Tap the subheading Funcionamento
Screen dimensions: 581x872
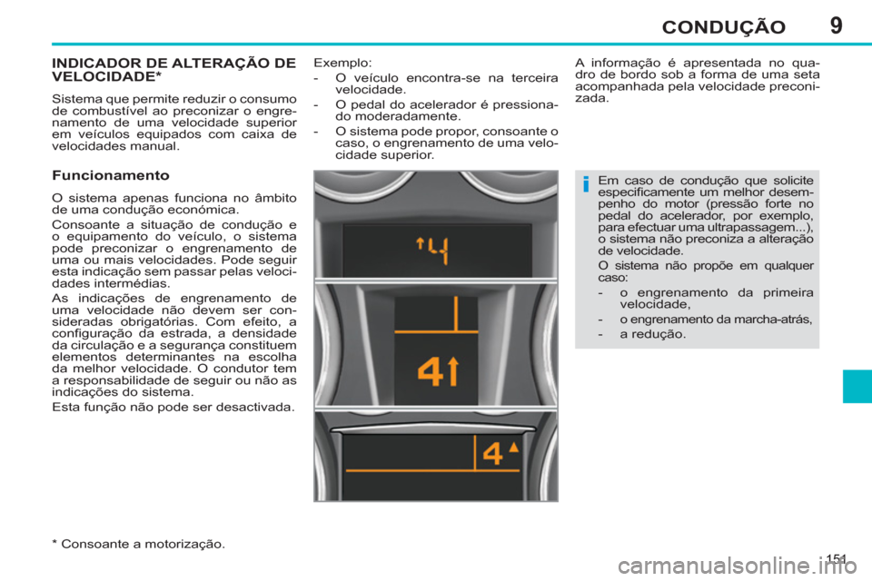tap(111, 172)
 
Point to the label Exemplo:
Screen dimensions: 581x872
tap(342, 63)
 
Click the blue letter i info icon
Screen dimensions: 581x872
tap(586, 186)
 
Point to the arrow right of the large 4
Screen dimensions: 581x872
tap(453, 372)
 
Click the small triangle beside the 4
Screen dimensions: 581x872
tap(514, 447)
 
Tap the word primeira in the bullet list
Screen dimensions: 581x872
tap(780, 291)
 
